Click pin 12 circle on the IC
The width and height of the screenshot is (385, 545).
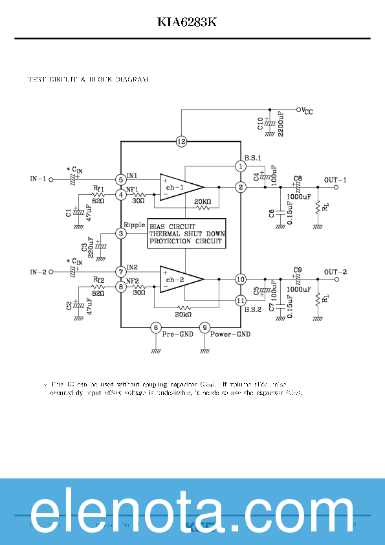point(181,141)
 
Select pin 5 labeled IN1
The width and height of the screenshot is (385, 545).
point(121,179)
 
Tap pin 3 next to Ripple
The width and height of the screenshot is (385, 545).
point(121,233)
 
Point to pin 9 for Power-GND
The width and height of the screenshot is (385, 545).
point(204,328)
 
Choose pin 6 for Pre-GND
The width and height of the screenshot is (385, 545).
point(155,328)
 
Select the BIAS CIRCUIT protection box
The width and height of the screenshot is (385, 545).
point(186,234)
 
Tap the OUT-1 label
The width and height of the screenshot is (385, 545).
point(335,179)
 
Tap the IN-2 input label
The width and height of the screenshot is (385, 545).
point(39,271)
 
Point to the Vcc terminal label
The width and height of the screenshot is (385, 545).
point(306,111)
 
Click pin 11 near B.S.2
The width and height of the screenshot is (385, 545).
point(241,300)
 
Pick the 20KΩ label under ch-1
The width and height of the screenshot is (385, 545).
point(202,202)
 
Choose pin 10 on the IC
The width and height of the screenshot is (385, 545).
point(241,279)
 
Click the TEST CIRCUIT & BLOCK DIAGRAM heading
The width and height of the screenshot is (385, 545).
point(88,80)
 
